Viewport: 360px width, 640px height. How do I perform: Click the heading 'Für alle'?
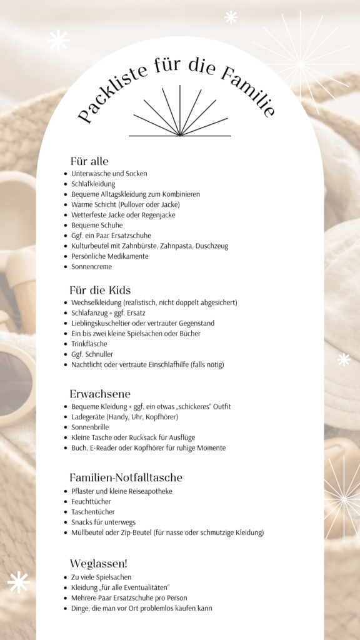click(89, 161)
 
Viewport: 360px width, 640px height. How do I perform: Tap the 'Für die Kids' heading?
click(100, 291)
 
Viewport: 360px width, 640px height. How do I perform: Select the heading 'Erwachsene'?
click(100, 394)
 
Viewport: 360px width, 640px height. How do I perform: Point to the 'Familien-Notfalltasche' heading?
click(126, 477)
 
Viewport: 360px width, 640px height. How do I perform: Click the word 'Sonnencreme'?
click(92, 266)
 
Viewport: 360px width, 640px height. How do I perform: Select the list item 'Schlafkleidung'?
click(93, 184)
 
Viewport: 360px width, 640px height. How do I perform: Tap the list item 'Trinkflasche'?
click(89, 344)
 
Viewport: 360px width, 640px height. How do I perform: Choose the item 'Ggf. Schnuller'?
click(92, 354)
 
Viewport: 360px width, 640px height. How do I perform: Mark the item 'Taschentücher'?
click(93, 512)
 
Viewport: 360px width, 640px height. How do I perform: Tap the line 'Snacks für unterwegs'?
click(103, 522)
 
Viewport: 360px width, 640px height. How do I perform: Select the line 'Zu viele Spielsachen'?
click(101, 577)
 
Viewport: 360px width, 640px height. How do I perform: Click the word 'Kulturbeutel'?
click(91, 246)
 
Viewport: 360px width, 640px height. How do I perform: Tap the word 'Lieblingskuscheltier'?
click(104, 323)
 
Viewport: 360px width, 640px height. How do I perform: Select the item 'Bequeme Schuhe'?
click(97, 225)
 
